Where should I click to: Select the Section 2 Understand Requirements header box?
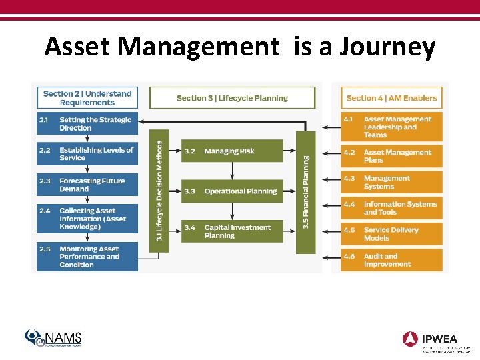[87, 98]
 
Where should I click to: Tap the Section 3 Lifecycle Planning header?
[232, 98]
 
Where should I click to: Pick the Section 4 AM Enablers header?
[391, 98]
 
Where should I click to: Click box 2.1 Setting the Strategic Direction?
[87, 124]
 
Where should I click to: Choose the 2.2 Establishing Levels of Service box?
[87, 154]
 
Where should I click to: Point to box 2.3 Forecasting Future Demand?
[87, 185]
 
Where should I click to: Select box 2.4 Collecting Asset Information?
[87, 219]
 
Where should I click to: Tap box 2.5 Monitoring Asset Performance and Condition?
[87, 257]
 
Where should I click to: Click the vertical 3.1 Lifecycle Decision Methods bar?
[160, 191]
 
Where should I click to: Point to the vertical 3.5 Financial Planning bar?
[306, 192]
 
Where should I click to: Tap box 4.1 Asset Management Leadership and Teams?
[391, 127]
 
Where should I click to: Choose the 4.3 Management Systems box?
[391, 182]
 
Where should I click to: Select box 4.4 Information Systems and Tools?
[391, 208]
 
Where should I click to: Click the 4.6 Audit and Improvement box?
[391, 260]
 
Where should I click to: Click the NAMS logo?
[53, 339]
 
